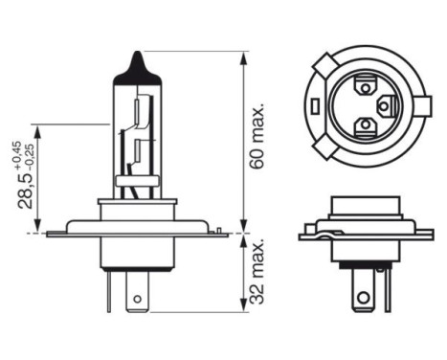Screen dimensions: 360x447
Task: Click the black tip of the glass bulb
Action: (x=140, y=60)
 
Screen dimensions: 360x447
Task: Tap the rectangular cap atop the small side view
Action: (x=364, y=207)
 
